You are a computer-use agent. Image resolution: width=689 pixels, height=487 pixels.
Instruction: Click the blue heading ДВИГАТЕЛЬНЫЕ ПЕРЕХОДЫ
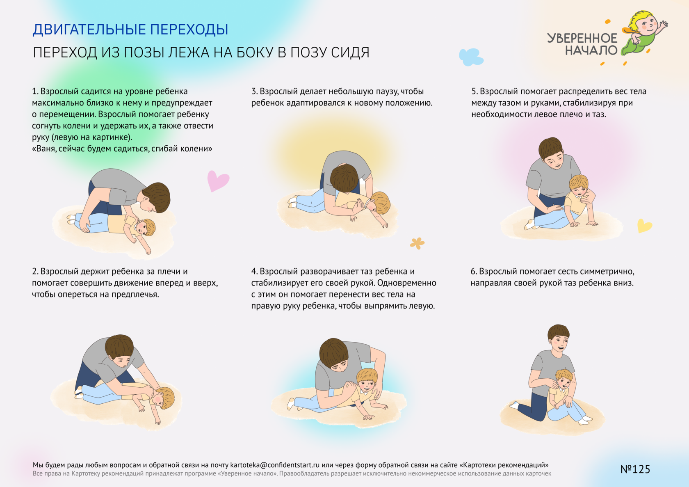pos(130,30)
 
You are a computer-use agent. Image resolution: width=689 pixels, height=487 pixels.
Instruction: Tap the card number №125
pos(635,469)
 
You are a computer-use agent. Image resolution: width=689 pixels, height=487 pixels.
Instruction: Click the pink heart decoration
pos(218,181)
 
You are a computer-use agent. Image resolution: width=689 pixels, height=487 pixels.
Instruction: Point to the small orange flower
pos(417,243)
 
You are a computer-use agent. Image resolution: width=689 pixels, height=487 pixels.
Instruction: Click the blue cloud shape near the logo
pos(471,57)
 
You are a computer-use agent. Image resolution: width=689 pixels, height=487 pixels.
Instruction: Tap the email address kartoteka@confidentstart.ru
pos(275,465)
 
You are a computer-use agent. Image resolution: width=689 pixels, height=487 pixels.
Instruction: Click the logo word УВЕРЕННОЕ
pos(582,38)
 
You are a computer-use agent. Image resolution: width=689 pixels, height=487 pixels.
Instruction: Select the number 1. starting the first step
pos(35,91)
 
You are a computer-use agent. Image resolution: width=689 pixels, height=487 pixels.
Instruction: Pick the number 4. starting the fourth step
pos(254,271)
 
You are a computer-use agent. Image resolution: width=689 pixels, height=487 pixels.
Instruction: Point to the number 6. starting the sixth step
pos(474,271)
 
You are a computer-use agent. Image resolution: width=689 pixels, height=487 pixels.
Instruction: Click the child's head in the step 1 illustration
pos(145,227)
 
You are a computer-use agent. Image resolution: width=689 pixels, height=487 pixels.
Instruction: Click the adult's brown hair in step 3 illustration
pos(344,178)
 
